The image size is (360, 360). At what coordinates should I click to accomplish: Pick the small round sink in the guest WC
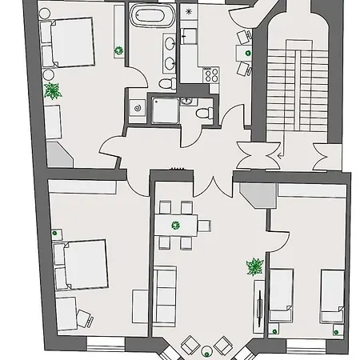pyautogui.click(x=187, y=101)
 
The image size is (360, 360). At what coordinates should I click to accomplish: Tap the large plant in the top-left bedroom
pyautogui.click(x=52, y=90)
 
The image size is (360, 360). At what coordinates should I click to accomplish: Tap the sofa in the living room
pyautogui.click(x=166, y=294)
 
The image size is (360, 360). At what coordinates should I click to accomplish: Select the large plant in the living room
pyautogui.click(x=254, y=266)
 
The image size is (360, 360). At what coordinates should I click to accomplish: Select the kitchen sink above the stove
pyautogui.click(x=190, y=36)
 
